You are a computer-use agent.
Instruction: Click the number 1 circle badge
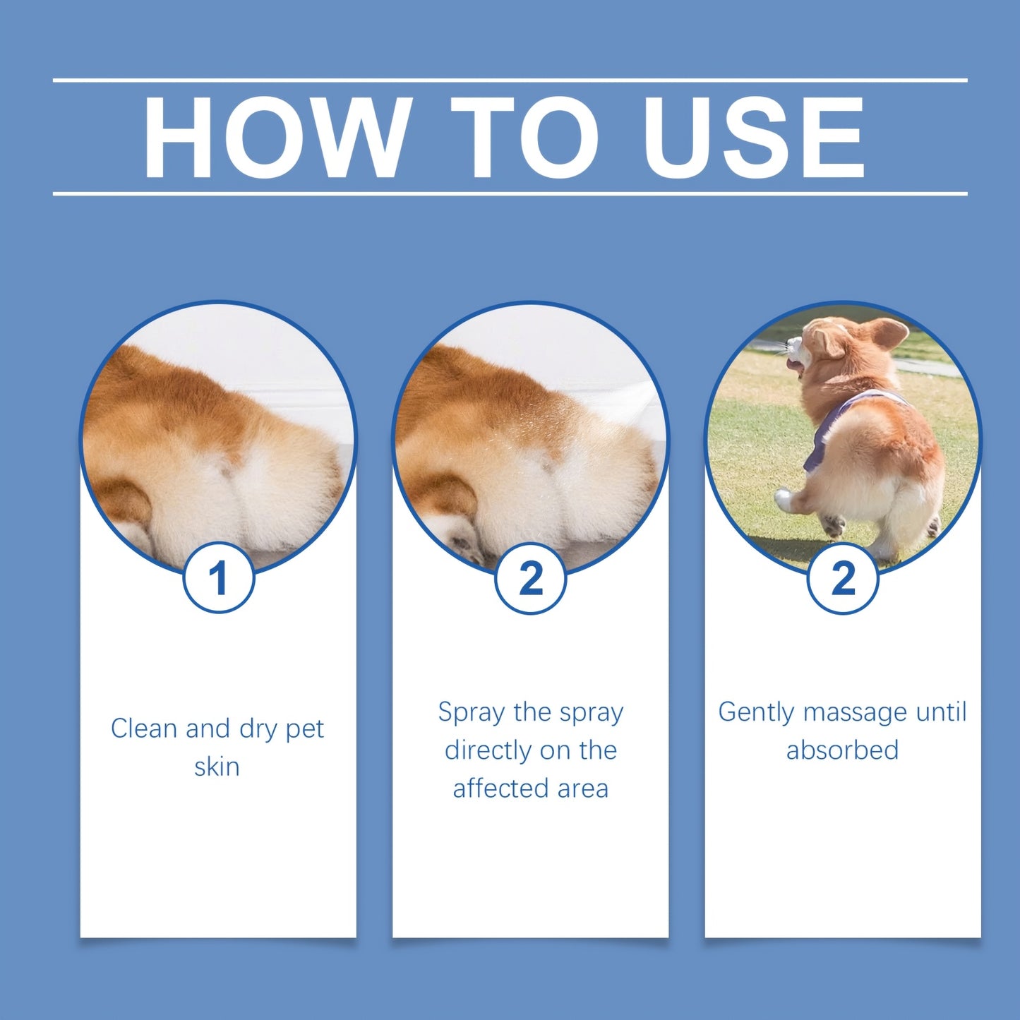click(x=218, y=578)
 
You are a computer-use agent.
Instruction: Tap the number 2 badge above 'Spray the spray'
click(x=530, y=578)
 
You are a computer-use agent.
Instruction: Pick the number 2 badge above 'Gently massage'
click(x=842, y=578)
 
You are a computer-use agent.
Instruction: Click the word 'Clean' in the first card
click(x=144, y=728)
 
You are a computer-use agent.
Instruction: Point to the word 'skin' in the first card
click(x=217, y=767)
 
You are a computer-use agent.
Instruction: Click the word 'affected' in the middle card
click(x=500, y=788)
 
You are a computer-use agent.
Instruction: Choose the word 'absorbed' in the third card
click(x=842, y=750)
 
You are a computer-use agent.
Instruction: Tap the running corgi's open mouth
click(x=794, y=365)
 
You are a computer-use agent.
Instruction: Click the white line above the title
click(x=510, y=80)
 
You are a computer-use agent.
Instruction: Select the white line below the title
click(x=510, y=193)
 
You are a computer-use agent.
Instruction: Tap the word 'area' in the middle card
click(x=582, y=788)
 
